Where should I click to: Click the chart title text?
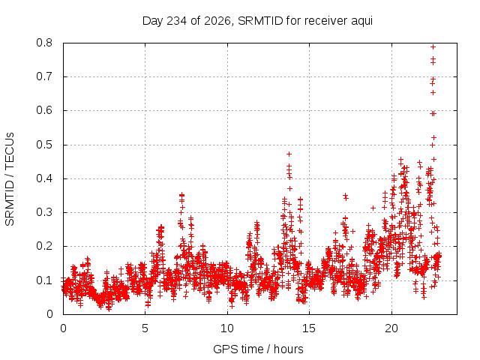click(257, 21)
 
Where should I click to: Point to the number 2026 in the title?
click(217, 20)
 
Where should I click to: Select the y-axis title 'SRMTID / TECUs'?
click(10, 179)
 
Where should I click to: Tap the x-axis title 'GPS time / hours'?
click(258, 349)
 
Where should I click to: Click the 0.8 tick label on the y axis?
click(44, 43)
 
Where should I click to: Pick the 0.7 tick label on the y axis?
click(44, 76)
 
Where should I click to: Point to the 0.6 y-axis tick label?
click(44, 110)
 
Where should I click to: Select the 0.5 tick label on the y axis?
click(44, 145)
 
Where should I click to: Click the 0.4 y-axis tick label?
click(44, 178)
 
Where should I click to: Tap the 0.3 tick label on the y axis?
click(44, 212)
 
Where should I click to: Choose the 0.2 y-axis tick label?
click(44, 247)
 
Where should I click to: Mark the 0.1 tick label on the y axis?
click(44, 280)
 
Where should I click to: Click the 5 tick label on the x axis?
click(145, 328)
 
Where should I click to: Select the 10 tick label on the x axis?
click(227, 328)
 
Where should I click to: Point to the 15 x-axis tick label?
click(309, 328)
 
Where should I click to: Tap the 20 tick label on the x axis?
click(391, 328)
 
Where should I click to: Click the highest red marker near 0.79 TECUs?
click(433, 46)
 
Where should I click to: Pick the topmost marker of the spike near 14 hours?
click(289, 154)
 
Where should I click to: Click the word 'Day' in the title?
click(152, 22)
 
